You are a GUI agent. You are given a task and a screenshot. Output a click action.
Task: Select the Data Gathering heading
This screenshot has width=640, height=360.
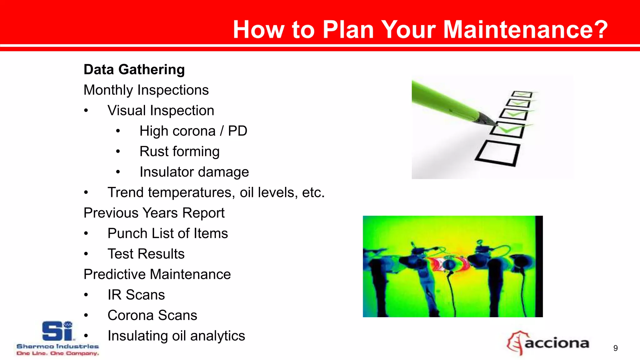(x=134, y=69)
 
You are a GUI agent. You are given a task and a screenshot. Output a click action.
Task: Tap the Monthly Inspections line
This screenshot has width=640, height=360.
(x=146, y=90)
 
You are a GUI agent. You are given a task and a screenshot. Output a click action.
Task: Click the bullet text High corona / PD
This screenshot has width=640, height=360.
(x=193, y=131)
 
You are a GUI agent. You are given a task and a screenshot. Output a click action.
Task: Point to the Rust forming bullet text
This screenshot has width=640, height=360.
(x=179, y=152)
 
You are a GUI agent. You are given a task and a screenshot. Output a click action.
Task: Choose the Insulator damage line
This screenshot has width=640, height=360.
(x=194, y=172)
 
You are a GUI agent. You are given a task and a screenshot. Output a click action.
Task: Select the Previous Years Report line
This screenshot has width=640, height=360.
(x=154, y=213)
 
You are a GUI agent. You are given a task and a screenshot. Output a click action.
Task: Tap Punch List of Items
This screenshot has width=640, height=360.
(x=167, y=233)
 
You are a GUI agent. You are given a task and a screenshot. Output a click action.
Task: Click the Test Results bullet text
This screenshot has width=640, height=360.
(x=146, y=254)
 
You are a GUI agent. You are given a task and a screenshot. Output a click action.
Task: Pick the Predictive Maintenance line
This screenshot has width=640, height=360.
(x=157, y=274)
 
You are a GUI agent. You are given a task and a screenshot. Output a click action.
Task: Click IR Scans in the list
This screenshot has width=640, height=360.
(x=136, y=295)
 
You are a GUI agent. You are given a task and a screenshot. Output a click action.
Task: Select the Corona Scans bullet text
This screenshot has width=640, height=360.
(x=152, y=315)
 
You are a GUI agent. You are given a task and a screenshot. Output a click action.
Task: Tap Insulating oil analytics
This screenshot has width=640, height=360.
(x=176, y=336)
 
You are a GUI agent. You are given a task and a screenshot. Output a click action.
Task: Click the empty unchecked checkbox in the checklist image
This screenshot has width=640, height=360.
(x=498, y=153)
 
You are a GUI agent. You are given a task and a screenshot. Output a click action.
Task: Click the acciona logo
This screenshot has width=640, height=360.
(x=548, y=343)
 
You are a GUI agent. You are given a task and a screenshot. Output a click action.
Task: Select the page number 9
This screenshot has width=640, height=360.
(x=615, y=348)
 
